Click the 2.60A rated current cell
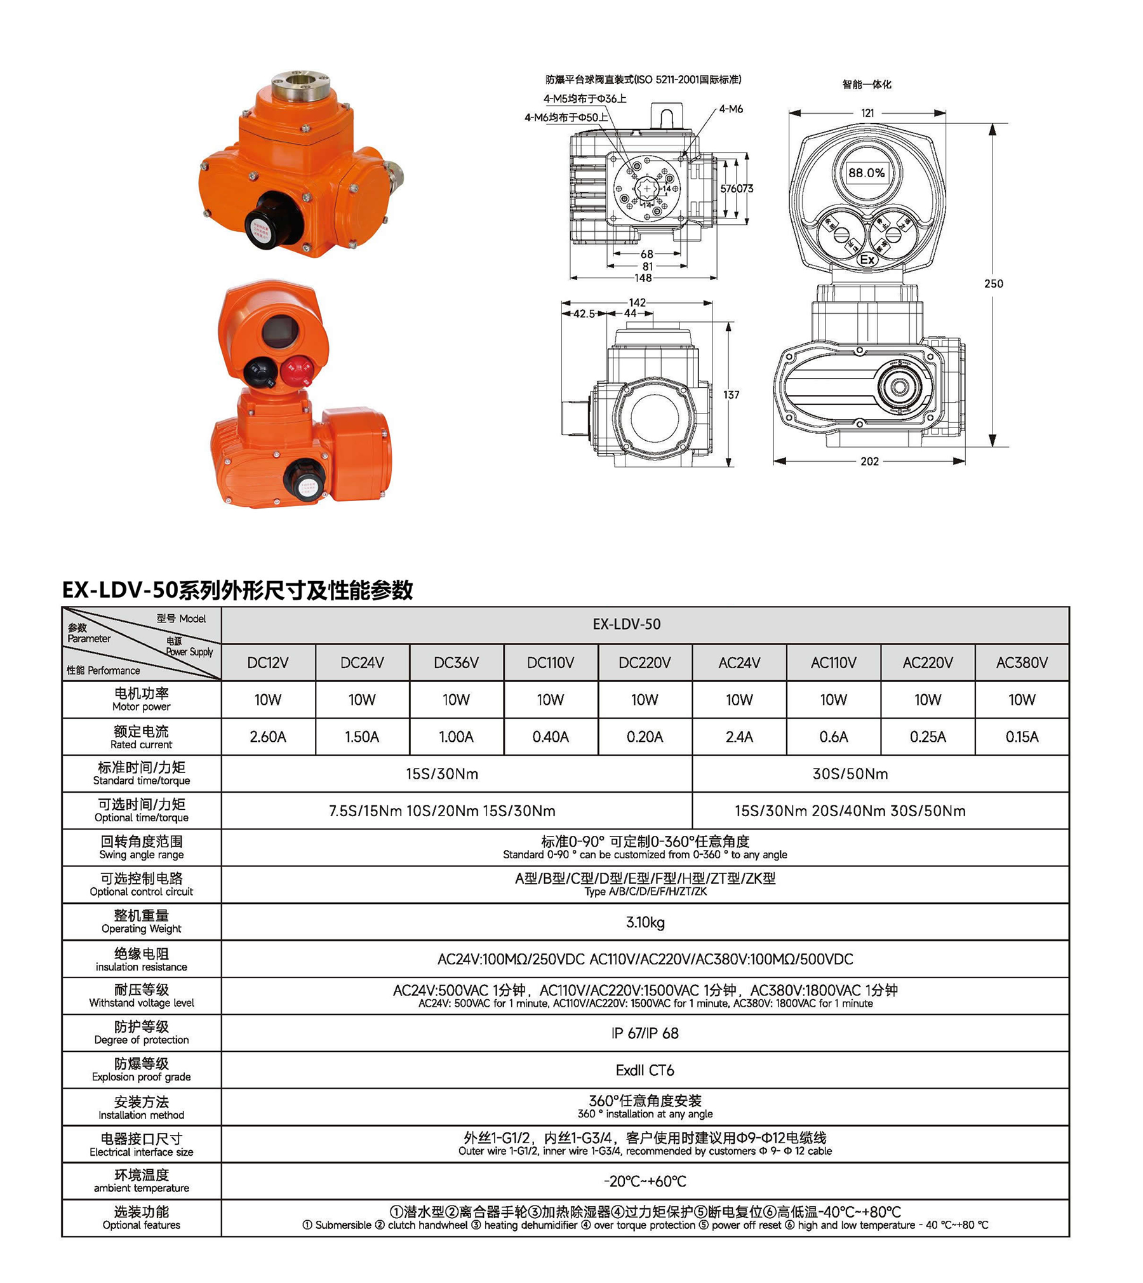point(267,737)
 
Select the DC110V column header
point(550,662)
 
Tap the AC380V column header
point(1021,662)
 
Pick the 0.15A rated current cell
point(1021,737)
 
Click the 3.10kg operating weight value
point(645,922)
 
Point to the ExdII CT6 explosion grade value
point(645,1070)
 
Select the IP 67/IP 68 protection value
point(645,1033)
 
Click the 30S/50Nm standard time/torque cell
point(850,774)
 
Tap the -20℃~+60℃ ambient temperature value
point(645,1181)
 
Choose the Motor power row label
point(141,699)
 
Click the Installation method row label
point(141,1108)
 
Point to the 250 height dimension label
point(993,284)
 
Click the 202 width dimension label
point(869,462)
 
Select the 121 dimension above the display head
point(867,113)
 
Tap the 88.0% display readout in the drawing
point(866,173)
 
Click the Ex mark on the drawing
point(867,260)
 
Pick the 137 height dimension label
point(731,395)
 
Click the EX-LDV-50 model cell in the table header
point(626,624)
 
